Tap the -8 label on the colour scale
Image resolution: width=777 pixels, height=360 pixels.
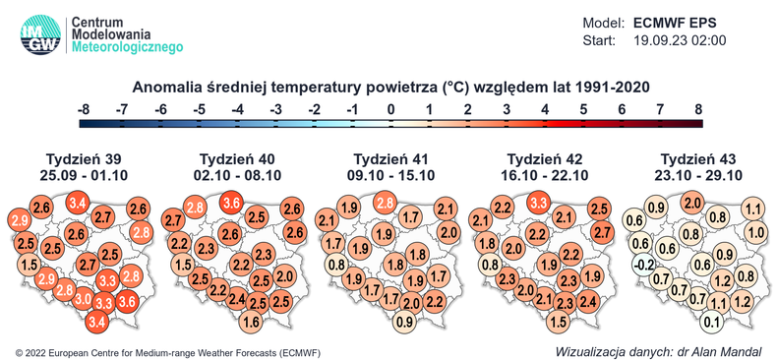coord(84,108)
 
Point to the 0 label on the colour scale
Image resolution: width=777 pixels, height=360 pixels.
coord(390,108)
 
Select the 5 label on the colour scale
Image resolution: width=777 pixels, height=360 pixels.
coord(583,108)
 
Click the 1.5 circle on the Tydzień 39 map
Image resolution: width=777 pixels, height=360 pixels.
coord(29,265)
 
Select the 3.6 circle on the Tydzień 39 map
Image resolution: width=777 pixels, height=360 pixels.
coord(127,302)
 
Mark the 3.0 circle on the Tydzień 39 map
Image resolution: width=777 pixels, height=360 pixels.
coord(85,299)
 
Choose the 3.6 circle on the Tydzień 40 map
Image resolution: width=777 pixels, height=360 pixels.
coord(233,204)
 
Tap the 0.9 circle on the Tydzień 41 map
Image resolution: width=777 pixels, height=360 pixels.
coord(403,322)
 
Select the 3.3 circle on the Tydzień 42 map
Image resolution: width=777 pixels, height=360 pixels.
coord(539,204)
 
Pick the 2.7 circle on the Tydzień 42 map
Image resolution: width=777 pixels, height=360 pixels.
coord(602,232)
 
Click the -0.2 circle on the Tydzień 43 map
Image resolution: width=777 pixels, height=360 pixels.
coord(642,265)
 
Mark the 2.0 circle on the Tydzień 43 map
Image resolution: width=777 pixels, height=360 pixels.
coord(691,204)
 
